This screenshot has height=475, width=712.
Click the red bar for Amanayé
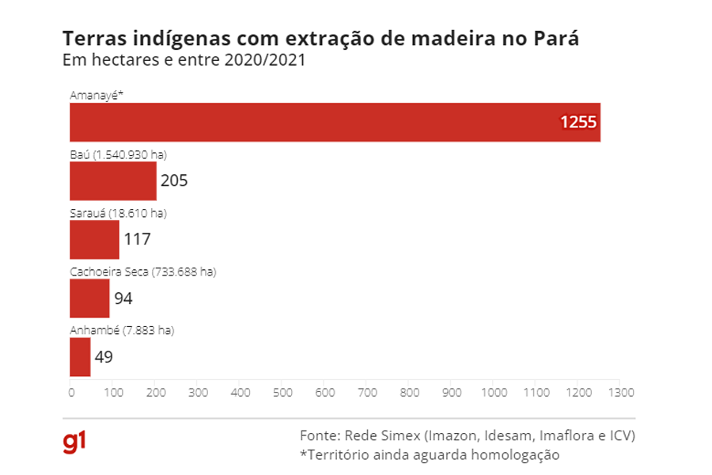(335, 123)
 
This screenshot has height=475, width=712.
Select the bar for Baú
(113, 181)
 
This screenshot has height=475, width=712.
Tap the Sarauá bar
(94, 239)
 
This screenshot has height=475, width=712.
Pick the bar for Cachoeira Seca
(89, 298)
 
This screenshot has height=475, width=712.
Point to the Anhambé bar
(80, 357)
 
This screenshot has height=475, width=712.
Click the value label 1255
(578, 123)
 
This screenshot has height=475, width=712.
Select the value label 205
(174, 181)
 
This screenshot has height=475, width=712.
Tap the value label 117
(137, 239)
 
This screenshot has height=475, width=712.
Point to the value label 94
(123, 298)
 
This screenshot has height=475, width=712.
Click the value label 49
(104, 357)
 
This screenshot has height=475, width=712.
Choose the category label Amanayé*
(94, 95)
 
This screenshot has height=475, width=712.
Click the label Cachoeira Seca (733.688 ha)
(142, 272)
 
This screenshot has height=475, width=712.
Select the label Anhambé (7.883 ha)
(121, 330)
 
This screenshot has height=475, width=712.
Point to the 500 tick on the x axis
(282, 392)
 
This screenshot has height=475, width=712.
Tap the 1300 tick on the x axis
(621, 392)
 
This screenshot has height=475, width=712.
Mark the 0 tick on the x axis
(70, 392)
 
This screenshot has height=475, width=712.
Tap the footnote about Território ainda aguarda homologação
(430, 454)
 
